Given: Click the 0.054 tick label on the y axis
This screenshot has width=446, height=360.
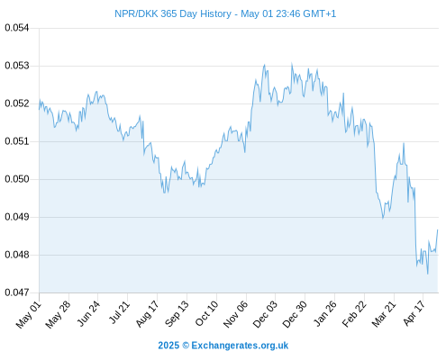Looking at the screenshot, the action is [17, 28].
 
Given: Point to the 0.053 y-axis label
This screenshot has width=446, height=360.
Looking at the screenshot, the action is [17, 66].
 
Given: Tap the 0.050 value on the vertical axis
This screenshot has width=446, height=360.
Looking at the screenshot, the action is [17, 179].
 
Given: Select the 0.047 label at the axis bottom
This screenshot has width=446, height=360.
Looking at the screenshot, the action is [17, 292].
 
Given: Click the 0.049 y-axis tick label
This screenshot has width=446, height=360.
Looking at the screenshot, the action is [17, 217].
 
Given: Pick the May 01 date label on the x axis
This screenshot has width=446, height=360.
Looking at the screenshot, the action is [29, 315].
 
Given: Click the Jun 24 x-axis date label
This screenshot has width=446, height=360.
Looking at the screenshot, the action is [88, 313].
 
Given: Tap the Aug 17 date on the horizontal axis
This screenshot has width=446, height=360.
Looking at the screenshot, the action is [147, 314].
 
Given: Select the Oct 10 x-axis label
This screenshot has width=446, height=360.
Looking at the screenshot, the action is [206, 314].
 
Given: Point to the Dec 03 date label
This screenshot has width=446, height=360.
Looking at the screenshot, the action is [265, 315].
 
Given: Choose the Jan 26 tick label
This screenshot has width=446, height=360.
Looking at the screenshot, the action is [324, 314].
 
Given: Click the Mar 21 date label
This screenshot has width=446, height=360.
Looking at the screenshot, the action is [384, 314].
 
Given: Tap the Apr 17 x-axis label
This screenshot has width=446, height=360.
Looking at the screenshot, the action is [414, 313].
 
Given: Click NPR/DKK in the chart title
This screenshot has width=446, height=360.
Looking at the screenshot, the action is [136, 13].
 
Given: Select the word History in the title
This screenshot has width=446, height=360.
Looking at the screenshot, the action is [215, 13].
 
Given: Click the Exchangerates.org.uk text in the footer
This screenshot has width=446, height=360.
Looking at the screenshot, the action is [240, 346].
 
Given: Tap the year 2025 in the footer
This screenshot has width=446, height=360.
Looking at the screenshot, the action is [168, 346].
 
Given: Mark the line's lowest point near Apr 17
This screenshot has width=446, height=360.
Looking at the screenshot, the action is [428, 274].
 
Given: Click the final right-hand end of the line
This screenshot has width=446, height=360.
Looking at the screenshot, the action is [438, 230].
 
